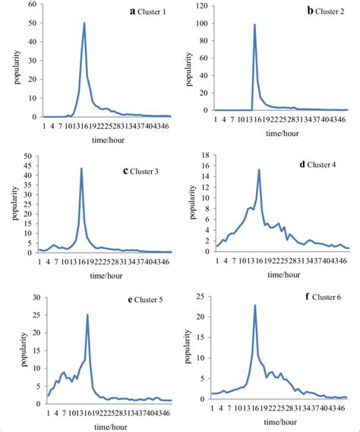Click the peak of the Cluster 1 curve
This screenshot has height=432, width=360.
(84, 23)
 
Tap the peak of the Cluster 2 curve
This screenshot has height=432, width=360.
(254, 24)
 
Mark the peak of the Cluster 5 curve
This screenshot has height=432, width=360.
(87, 314)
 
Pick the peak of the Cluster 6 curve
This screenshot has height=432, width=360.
(254, 305)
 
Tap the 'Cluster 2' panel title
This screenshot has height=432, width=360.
(327, 11)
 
